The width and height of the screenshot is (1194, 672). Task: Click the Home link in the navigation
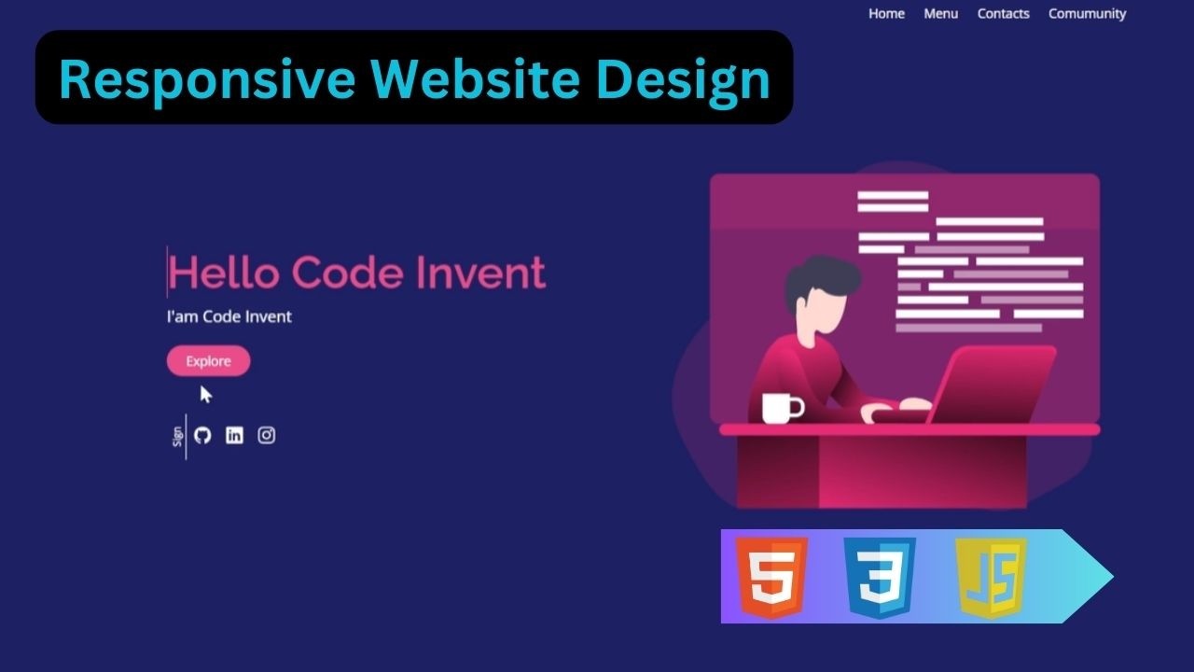click(886, 13)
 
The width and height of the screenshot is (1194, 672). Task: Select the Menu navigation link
click(940, 13)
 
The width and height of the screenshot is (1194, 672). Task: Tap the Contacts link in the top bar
click(1003, 13)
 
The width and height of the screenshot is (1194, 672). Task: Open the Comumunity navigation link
click(1087, 13)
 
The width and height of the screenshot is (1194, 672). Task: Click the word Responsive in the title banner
click(206, 78)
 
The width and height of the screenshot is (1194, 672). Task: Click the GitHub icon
click(202, 435)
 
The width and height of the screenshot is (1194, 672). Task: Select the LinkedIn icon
click(234, 435)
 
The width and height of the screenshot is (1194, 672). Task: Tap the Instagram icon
click(267, 435)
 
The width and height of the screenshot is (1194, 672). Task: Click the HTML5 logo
click(771, 576)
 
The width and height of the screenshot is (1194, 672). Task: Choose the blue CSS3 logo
click(879, 576)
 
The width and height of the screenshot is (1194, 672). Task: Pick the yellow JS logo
click(991, 576)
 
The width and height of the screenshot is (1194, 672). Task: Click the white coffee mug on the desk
click(780, 408)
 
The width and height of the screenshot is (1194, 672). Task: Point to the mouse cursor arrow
click(205, 394)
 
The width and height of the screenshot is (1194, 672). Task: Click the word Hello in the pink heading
click(223, 273)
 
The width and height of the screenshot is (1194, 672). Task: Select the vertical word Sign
click(177, 436)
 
